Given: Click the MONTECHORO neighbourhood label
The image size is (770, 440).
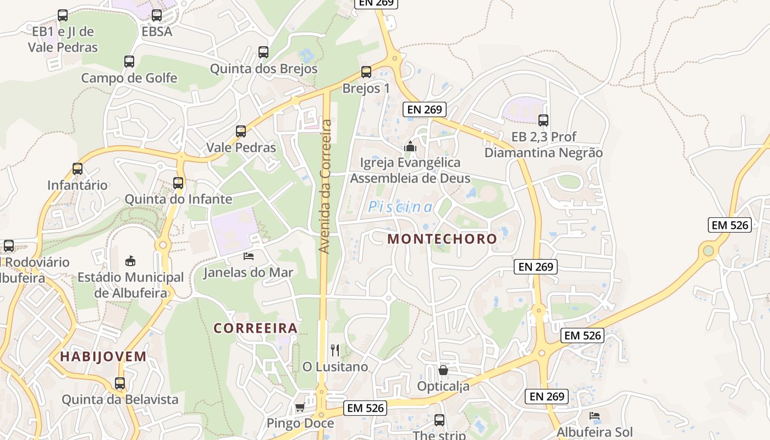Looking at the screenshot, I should pyautogui.click(x=442, y=239).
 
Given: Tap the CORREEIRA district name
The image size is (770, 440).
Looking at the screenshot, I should pyautogui.click(x=256, y=328).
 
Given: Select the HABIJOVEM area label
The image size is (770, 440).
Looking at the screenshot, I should pyautogui.click(x=103, y=356).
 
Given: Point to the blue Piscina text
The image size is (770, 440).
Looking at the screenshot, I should pyautogui.click(x=400, y=207).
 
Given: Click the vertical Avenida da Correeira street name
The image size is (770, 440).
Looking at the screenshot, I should pyautogui.click(x=326, y=187).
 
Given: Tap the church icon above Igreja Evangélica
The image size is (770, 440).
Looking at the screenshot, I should pyautogui.click(x=410, y=146).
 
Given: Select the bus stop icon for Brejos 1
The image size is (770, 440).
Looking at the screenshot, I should pyautogui.click(x=366, y=72).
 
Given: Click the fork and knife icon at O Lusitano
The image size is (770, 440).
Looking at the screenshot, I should pyautogui.click(x=335, y=350).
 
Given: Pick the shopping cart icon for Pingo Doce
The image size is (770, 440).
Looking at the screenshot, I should pyautogui.click(x=300, y=408).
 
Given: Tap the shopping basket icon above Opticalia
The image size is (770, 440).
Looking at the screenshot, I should pyautogui.click(x=443, y=370).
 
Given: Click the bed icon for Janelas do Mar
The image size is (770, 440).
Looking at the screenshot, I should pyautogui.click(x=249, y=256).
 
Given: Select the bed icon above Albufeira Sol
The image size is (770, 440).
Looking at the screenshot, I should pyautogui.click(x=594, y=416).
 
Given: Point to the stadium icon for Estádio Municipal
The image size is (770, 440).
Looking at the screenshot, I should pyautogui.click(x=130, y=261).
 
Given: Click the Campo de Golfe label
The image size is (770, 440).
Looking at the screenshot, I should pyautogui.click(x=129, y=78).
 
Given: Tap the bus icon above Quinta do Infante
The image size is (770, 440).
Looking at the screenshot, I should pyautogui.click(x=178, y=183).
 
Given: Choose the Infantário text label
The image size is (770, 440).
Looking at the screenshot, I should pyautogui.click(x=78, y=185).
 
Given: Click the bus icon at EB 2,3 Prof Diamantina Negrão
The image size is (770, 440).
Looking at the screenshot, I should pyautogui.click(x=543, y=120).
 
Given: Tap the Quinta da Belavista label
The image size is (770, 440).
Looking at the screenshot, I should pyautogui.click(x=120, y=399).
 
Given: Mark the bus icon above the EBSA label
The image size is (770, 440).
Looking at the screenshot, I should pyautogui.click(x=157, y=15).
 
